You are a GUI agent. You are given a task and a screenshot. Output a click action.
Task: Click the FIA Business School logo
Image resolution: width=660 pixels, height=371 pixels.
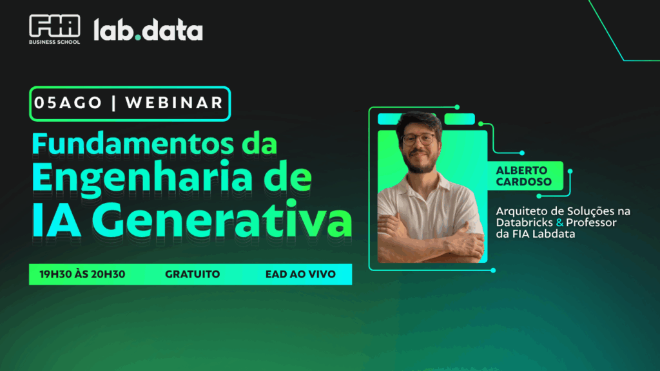[54, 29]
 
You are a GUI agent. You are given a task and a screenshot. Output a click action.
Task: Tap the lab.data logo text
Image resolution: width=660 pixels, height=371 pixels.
[148, 30]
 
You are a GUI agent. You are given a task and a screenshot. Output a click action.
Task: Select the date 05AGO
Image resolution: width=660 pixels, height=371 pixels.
[68, 103]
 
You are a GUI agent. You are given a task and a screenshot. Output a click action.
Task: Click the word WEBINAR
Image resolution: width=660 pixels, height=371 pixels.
[174, 103]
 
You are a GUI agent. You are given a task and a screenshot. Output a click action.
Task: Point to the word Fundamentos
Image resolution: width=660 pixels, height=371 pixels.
[133, 144]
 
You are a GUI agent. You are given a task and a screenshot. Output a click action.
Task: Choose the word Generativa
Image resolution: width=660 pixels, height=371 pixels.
[222, 220]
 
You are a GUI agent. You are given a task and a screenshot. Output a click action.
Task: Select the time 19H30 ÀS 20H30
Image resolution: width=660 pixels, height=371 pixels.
[82, 274]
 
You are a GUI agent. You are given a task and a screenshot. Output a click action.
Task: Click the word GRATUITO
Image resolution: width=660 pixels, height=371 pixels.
[192, 274]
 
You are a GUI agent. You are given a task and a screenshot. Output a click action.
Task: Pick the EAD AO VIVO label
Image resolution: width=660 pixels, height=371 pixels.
[300, 274]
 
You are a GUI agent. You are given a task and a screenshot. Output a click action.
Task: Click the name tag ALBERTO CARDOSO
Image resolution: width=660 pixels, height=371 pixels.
[523, 176]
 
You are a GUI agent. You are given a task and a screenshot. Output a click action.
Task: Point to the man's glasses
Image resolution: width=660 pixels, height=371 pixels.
[418, 139]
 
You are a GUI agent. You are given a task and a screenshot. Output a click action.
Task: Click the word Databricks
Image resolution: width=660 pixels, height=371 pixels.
[524, 222]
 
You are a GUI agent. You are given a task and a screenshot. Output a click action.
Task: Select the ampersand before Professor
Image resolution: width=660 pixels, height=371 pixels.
[559, 222]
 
